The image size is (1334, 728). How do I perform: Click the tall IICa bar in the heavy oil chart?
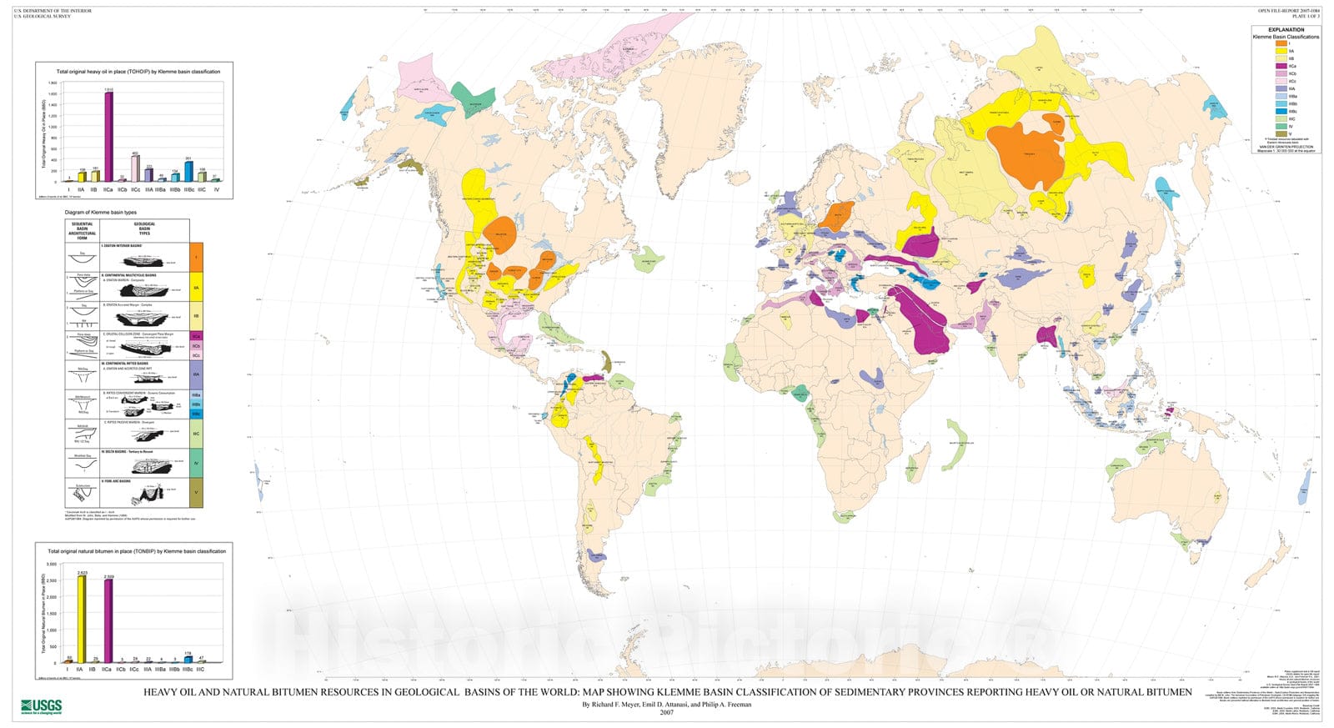point(108,138)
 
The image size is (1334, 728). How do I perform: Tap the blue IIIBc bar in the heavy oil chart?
point(188,171)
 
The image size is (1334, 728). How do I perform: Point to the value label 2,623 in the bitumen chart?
point(82,573)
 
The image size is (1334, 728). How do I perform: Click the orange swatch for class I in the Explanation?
point(1281,43)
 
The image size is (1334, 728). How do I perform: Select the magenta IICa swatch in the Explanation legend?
point(1281,66)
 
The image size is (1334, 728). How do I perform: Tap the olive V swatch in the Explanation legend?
point(1281,133)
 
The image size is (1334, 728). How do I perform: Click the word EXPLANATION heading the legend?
point(1286,29)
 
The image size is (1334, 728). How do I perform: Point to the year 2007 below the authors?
point(666,712)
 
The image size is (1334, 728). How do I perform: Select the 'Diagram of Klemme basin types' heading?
point(107,213)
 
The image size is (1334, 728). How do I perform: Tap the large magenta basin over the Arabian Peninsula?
point(925,321)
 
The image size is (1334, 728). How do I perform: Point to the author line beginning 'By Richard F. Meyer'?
point(666,704)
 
